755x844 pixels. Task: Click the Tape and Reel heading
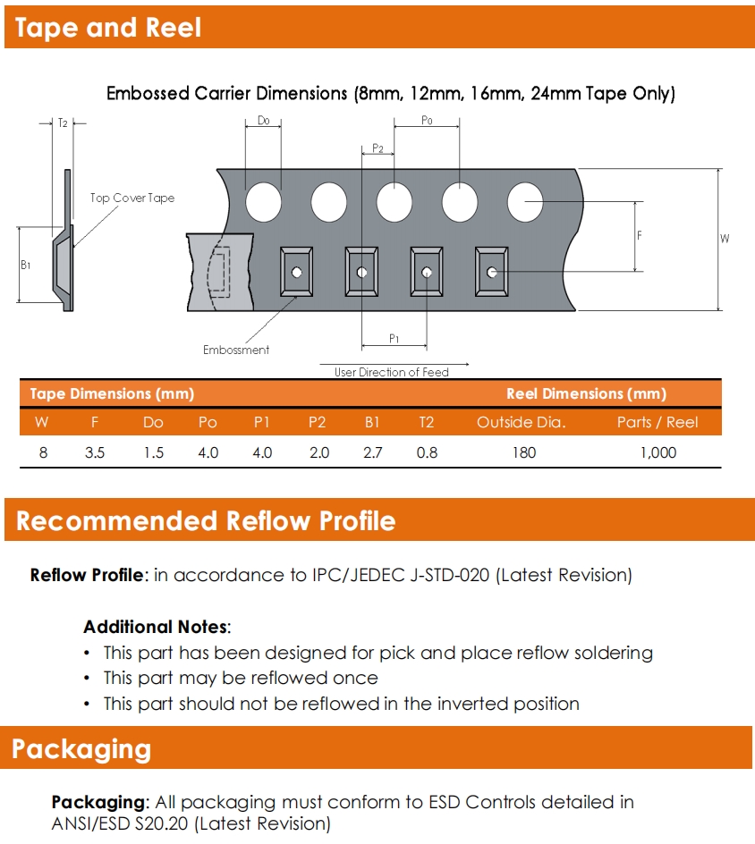click(108, 28)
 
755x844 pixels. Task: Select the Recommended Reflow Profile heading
click(206, 521)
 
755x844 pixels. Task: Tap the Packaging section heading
click(81, 748)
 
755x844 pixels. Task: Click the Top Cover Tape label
click(132, 198)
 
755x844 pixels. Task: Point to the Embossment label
click(236, 350)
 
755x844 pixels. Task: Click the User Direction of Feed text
click(392, 372)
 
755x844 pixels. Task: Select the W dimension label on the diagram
click(725, 238)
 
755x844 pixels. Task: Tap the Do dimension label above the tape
click(263, 121)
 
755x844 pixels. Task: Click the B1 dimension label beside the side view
click(26, 266)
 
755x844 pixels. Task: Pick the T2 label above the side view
click(63, 123)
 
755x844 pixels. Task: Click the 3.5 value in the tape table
click(95, 452)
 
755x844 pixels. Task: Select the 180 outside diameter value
click(523, 452)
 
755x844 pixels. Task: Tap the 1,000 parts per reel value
click(657, 452)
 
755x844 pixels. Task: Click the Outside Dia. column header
click(522, 422)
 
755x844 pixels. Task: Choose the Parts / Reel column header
click(657, 422)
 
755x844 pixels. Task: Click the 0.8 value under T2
click(427, 452)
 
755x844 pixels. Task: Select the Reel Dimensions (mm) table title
click(586, 393)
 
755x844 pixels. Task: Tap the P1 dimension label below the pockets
click(394, 338)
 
